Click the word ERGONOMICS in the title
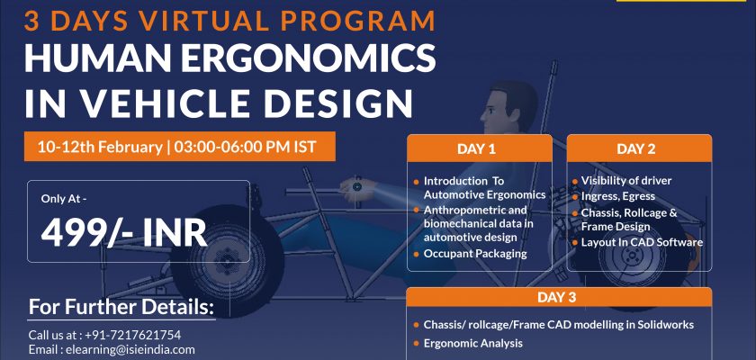(309, 58)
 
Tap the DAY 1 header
(476, 148)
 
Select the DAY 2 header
(636, 148)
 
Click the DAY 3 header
(557, 297)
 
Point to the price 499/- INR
(124, 233)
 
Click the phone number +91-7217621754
(132, 335)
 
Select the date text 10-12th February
(100, 147)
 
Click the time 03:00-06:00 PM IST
(245, 147)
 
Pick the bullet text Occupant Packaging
(475, 254)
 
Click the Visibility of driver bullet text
(626, 181)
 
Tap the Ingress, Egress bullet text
(618, 196)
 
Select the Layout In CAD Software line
(642, 242)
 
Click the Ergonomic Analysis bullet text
(473, 344)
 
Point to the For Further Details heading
(121, 308)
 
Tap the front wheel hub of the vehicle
(225, 255)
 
